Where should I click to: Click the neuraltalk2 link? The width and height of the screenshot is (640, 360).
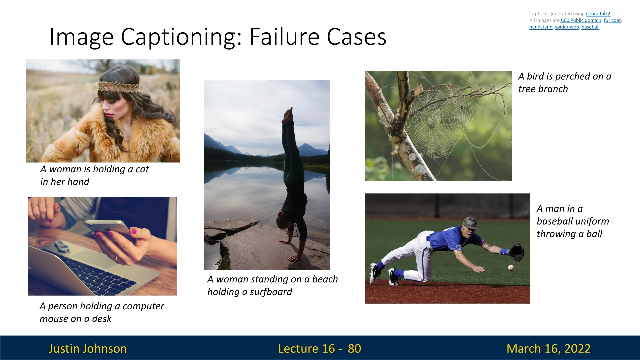click(598, 14)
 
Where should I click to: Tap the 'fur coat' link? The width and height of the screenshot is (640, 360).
click(612, 20)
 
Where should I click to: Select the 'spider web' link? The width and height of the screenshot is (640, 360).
click(567, 27)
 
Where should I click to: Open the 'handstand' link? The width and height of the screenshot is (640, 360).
click(541, 27)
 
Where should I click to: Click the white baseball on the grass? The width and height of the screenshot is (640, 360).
click(511, 267)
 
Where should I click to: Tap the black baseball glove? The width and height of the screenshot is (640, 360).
click(517, 253)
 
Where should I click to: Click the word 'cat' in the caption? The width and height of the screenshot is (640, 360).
click(142, 169)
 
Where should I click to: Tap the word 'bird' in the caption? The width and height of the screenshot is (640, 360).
click(535, 76)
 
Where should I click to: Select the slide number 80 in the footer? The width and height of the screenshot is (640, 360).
click(354, 348)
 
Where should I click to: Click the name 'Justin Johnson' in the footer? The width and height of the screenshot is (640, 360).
click(88, 348)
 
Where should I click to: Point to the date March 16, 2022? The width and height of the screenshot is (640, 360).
click(549, 348)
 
